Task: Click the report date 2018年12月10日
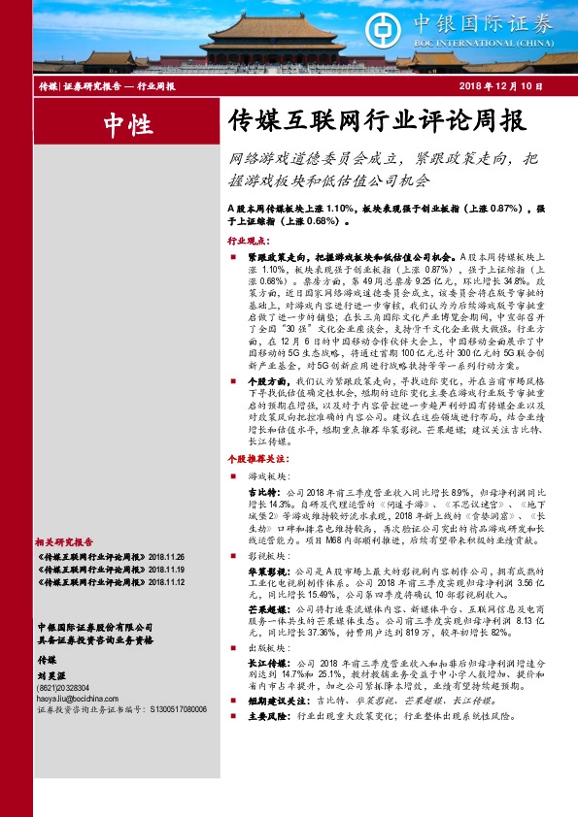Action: click(499, 87)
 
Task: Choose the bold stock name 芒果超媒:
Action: click(267, 607)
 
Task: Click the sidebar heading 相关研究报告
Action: click(63, 541)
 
